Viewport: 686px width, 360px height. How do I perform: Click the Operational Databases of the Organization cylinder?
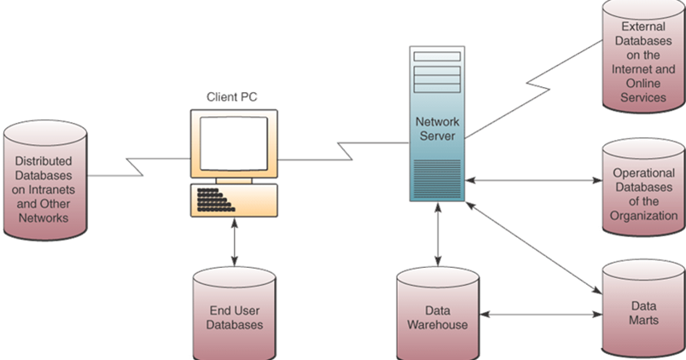643,193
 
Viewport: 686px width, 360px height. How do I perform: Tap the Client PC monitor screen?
233,141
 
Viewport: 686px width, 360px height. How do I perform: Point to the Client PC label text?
232,96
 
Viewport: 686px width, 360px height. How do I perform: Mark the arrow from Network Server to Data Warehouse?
439,235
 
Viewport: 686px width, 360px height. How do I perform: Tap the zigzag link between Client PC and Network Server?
346,154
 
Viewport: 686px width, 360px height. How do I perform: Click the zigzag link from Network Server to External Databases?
538,85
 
